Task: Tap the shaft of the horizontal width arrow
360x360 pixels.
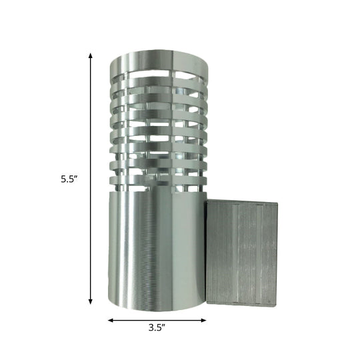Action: pos(157,321)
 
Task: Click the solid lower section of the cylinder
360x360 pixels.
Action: pos(153,247)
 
